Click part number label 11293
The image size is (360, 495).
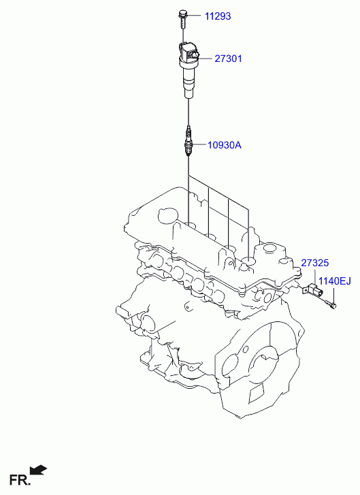pos(218,16)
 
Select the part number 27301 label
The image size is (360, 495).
pos(228,59)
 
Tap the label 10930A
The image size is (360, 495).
pos(225,145)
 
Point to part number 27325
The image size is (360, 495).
pos(315,263)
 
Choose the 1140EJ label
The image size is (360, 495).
pos(334,281)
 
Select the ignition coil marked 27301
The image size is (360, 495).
pos(189,70)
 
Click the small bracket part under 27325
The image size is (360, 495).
pos(312,291)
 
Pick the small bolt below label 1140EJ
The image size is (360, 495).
pos(330,304)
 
